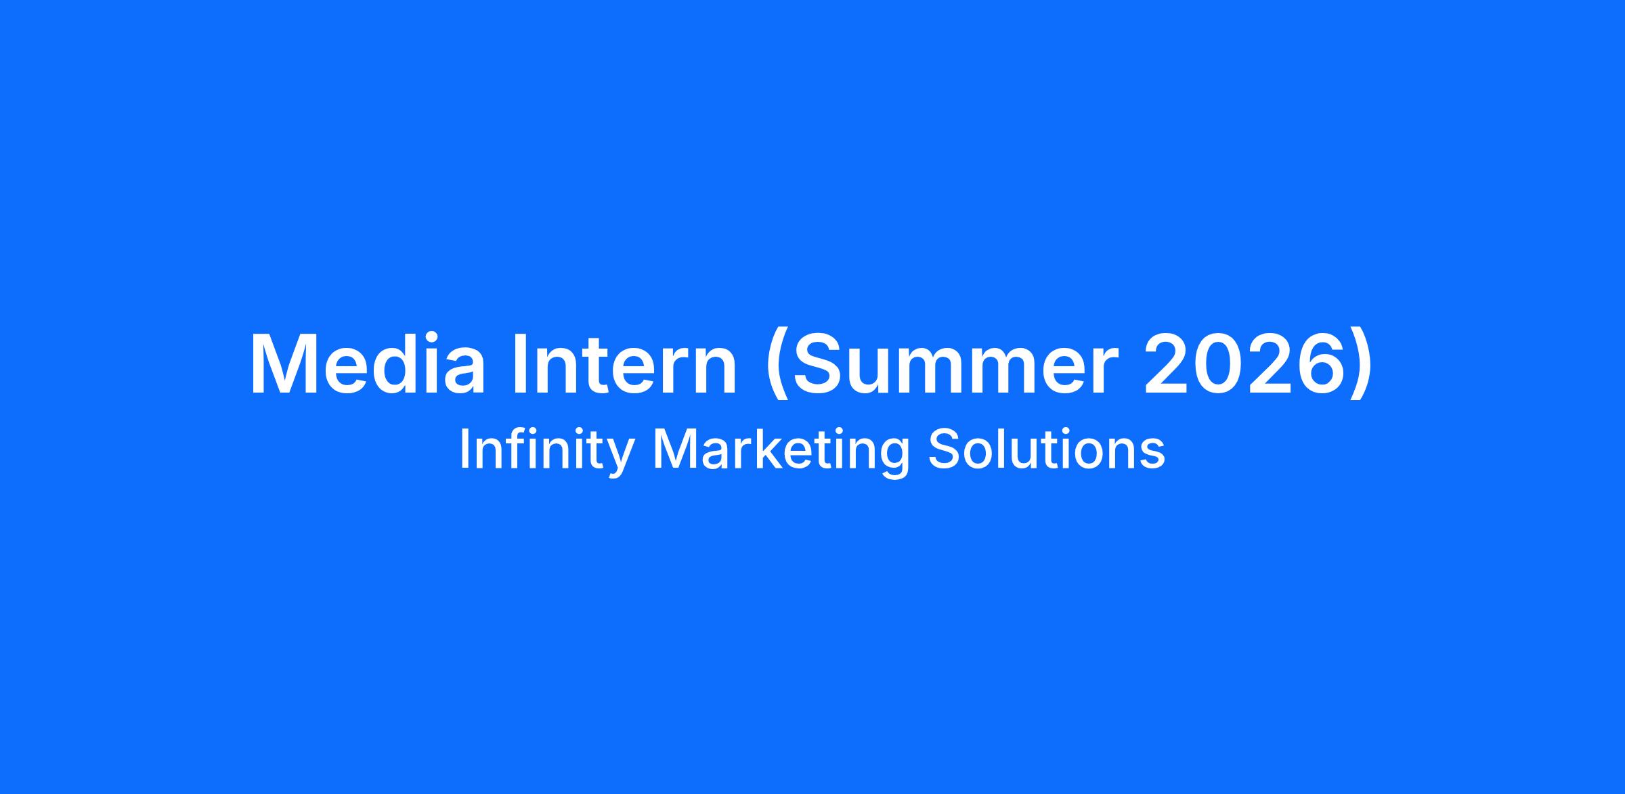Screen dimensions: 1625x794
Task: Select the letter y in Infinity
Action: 619,458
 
